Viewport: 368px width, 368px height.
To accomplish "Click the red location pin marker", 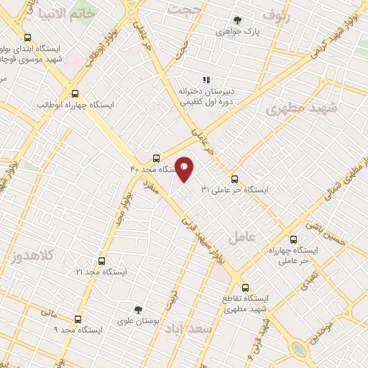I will pos(185,168).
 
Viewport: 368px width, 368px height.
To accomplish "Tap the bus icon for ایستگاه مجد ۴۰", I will pos(157,159).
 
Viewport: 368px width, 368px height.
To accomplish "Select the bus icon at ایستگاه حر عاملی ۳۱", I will pos(235,179).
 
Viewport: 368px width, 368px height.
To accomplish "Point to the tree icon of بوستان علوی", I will pos(138,310).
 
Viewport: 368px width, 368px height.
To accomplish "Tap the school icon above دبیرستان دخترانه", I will pos(206,80).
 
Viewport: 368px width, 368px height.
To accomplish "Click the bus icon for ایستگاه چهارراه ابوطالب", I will pos(75,93).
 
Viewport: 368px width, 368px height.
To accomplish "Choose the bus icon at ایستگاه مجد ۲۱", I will pos(101,261).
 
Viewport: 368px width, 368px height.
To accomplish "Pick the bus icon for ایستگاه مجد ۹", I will pos(78,318).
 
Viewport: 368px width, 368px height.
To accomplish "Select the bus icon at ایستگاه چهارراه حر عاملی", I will pos(293,239).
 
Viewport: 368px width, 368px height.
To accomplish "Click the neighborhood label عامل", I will pos(241,236).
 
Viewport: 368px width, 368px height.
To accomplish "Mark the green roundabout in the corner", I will pos(299,350).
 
